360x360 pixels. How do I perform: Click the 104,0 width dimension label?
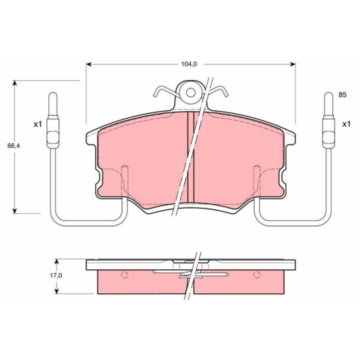pyautogui.click(x=189, y=64)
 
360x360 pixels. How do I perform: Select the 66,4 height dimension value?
pyautogui.click(x=13, y=146)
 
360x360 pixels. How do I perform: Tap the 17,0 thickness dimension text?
pyautogui.click(x=56, y=275)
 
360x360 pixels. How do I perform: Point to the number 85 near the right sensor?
pyautogui.click(x=342, y=94)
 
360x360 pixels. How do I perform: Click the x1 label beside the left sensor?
pyautogui.click(x=37, y=124)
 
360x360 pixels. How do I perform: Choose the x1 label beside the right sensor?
pyautogui.click(x=346, y=124)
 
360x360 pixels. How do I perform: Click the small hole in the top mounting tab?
pyautogui.click(x=190, y=92)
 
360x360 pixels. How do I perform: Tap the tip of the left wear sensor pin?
pyautogui.click(x=53, y=93)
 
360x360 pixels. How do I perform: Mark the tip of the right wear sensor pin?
pyautogui.click(x=329, y=93)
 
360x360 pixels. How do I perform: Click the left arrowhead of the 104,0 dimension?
pyautogui.click(x=88, y=64)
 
